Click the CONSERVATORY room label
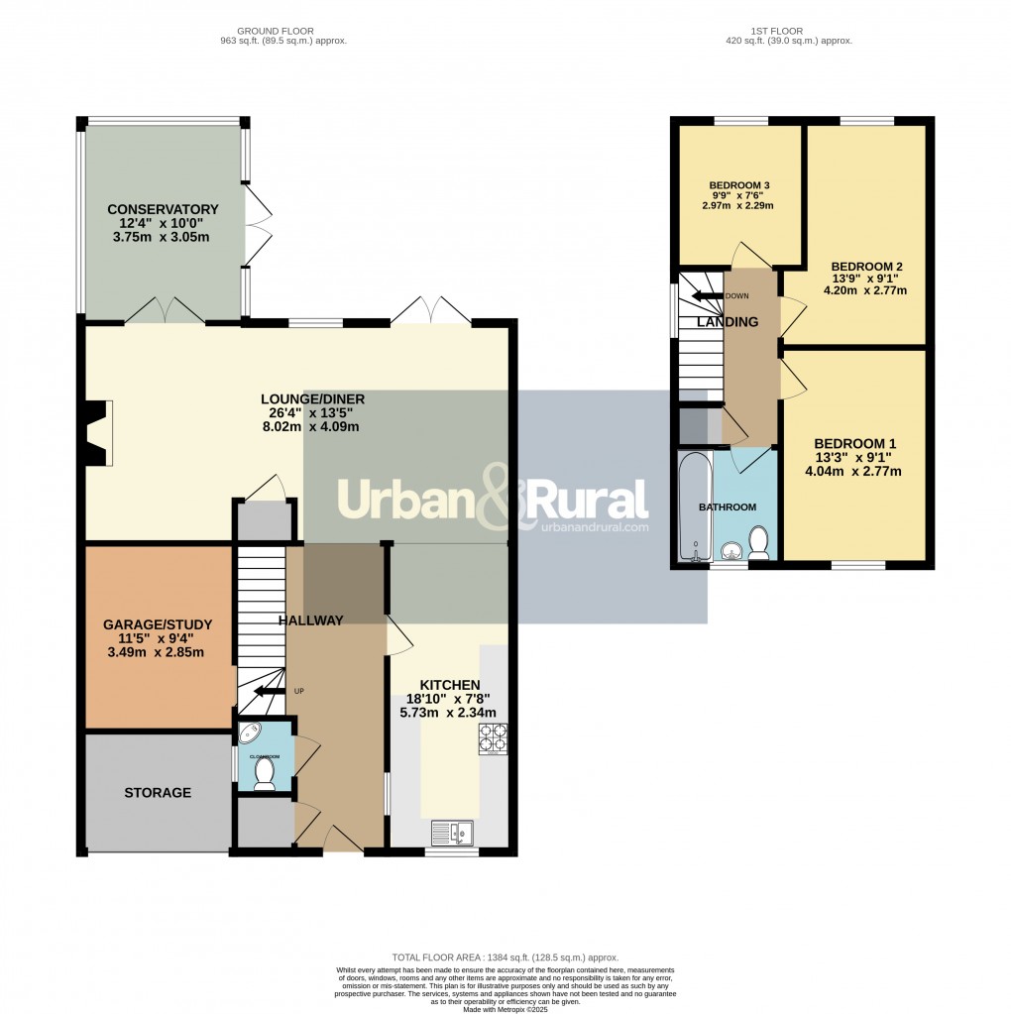[163, 209]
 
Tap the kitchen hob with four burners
[493, 738]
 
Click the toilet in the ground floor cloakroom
[264, 773]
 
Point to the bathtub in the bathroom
[691, 506]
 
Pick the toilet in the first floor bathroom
[758, 542]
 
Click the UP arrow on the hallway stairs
[265, 692]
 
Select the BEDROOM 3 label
[739, 185]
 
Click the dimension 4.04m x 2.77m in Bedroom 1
[853, 472]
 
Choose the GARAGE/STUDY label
[158, 623]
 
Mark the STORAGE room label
[158, 793]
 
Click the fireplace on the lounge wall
[98, 433]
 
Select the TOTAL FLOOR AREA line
[505, 958]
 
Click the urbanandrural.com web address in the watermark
[595, 528]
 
